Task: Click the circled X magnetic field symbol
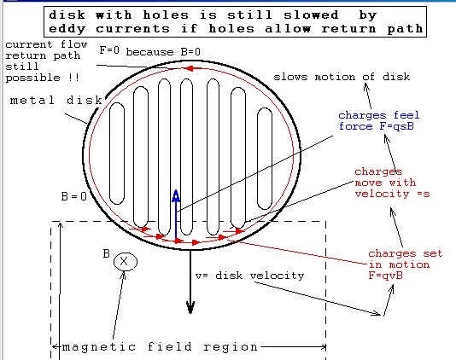[125, 262]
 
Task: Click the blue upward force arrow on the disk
[176, 216]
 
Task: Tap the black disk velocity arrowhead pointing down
[190, 307]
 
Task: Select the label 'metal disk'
[56, 101]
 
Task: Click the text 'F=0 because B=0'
[149, 51]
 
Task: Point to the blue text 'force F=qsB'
[377, 126]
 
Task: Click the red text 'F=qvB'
[386, 276]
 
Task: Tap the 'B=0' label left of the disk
[74, 196]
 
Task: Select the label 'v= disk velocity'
[250, 276]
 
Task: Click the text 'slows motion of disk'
[342, 77]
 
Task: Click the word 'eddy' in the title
[67, 29]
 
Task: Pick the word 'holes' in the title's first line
[166, 15]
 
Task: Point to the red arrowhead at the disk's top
[189, 68]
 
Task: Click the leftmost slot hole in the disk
[117, 153]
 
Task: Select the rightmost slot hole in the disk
[265, 159]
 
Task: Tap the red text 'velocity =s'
[392, 194]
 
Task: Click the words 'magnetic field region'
[160, 347]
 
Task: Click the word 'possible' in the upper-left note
[32, 78]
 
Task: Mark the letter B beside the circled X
[106, 253]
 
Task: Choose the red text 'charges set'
[406, 253]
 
